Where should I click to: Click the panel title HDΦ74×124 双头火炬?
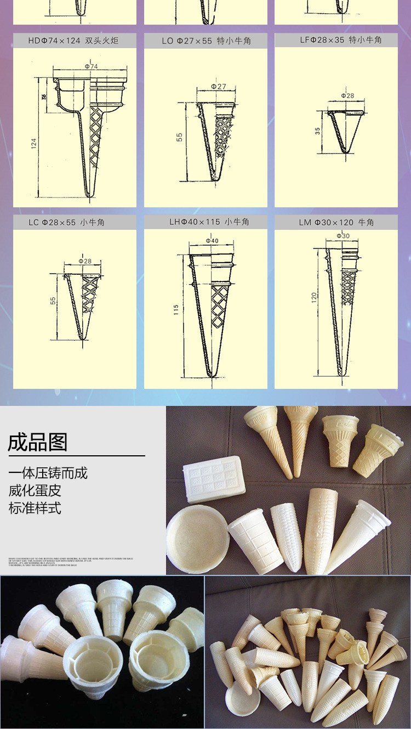[x=73, y=41]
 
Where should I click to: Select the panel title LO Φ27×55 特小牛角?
[x=206, y=41]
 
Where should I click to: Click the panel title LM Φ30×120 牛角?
[x=336, y=222]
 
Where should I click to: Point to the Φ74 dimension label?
[x=91, y=66]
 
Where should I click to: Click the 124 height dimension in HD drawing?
[x=34, y=144]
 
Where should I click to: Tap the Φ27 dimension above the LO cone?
[x=218, y=87]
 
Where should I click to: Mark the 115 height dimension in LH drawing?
[x=176, y=310]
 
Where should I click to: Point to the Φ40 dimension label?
[x=212, y=241]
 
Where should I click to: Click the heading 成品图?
[x=37, y=442]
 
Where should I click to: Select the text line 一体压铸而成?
[x=48, y=473]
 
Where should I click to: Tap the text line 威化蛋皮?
[x=35, y=490]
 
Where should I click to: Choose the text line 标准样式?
[x=35, y=508]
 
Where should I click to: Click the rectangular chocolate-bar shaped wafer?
[x=212, y=479]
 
